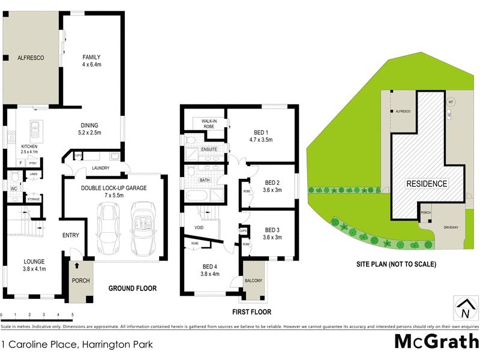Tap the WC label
pyautogui.click(x=13, y=189)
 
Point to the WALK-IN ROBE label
pyautogui.click(x=204, y=124)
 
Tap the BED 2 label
pyautogui.click(x=272, y=184)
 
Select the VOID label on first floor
pyautogui.click(x=200, y=228)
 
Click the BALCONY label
pyautogui.click(x=253, y=280)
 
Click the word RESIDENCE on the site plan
pyautogui.click(x=427, y=184)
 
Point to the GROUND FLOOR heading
pyautogui.click(x=133, y=289)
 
